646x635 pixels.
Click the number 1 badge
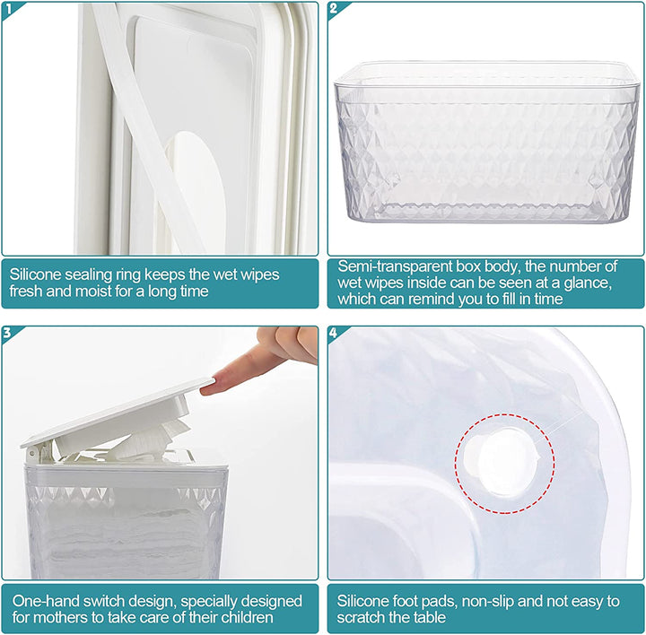coord(9,9)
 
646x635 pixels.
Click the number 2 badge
coord(335,9)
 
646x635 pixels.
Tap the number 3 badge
coord(9,333)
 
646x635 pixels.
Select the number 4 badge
coord(335,333)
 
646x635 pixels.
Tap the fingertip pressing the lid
coord(209,388)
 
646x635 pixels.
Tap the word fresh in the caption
coord(28,291)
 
